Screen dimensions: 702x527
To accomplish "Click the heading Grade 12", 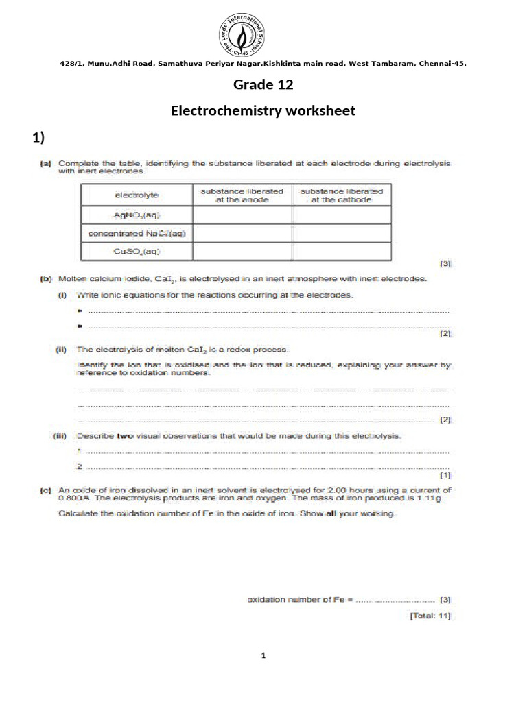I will [x=263, y=84].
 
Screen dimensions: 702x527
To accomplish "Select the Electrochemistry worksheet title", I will [x=263, y=110].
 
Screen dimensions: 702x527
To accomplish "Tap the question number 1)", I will [x=38, y=138].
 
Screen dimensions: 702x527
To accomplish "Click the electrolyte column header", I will [x=137, y=195].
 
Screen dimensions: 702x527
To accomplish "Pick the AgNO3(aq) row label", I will [x=137, y=215].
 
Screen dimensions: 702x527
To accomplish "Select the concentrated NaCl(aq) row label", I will [x=137, y=233].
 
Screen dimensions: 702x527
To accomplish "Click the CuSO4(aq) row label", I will [x=137, y=251].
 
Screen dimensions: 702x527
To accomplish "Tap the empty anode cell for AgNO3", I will [x=242, y=215].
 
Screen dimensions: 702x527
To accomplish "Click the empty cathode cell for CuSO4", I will [x=342, y=251].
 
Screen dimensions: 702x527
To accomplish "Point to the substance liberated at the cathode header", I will [x=342, y=195].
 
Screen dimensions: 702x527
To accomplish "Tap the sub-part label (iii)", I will [x=63, y=435].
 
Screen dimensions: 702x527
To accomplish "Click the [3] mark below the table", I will [x=445, y=263].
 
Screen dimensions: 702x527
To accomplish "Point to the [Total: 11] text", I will [x=430, y=616].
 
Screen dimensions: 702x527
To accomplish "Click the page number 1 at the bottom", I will [x=263, y=656].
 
